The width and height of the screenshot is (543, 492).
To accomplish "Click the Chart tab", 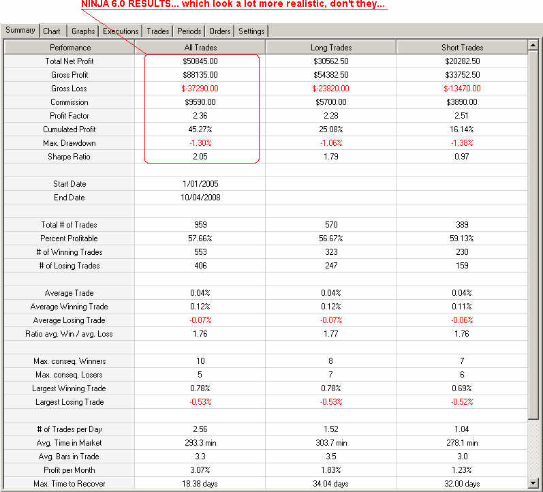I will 51,31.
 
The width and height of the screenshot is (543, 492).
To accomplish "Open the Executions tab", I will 121,31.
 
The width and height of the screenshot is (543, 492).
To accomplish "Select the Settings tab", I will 251,31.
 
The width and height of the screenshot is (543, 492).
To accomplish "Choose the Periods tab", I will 189,31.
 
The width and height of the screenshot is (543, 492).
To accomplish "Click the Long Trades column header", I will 330,48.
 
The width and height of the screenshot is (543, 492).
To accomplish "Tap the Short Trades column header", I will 462,48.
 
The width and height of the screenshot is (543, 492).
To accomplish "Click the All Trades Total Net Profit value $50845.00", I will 200,61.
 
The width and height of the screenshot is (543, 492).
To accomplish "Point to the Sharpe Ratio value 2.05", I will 200,157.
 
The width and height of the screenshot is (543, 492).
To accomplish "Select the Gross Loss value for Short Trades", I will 462,89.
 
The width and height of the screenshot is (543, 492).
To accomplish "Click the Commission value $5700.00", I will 330,102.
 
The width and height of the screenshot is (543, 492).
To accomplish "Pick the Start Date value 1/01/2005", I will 200,184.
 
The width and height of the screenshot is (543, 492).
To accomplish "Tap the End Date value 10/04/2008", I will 200,198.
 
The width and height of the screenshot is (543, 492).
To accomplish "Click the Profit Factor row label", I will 69,116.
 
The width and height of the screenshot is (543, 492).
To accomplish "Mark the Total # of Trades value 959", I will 200,225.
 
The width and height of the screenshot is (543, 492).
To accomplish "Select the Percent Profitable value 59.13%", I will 462,239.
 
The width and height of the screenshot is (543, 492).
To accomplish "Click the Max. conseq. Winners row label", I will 69,361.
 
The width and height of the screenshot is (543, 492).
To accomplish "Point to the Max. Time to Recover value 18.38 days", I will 200,484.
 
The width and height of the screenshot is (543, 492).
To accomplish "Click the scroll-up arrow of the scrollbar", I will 533,46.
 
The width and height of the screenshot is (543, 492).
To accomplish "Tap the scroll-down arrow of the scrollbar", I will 533,482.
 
